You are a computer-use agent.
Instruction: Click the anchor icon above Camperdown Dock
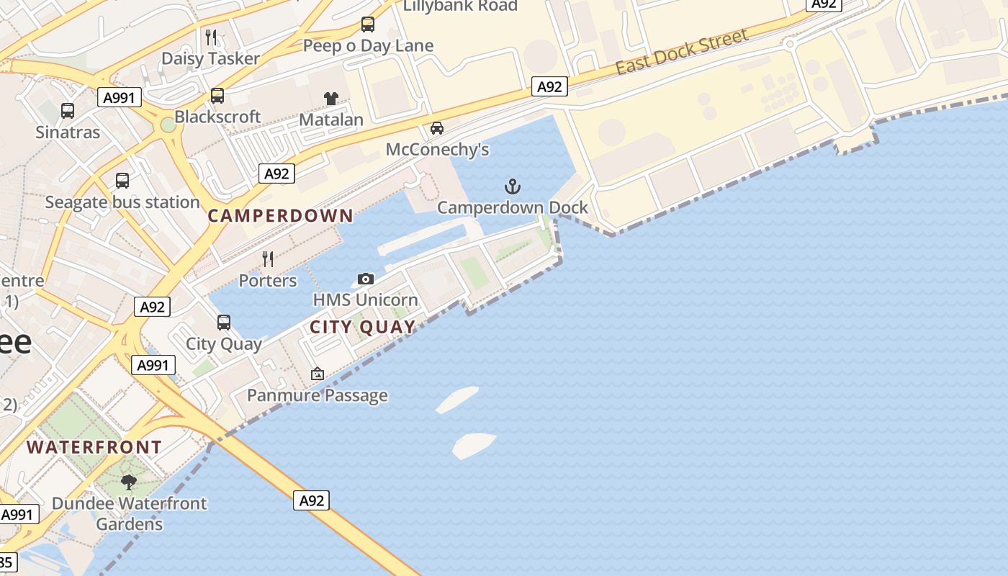pos(512,187)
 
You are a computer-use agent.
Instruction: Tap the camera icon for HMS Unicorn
pos(366,279)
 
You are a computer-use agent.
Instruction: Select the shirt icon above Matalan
pos(331,99)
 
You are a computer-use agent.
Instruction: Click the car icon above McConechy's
pos(436,128)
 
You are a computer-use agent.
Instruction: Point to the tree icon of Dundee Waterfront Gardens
pos(129,482)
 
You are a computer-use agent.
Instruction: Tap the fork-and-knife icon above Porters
pos(268,259)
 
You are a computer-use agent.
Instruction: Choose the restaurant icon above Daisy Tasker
pos(210,37)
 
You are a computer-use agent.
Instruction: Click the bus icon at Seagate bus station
pos(122,181)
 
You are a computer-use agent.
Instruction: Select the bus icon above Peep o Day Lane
pos(368,24)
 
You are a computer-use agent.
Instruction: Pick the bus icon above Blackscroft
pos(217,95)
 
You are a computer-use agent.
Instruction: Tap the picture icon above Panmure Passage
pos(317,374)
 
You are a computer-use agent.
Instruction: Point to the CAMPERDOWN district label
pos(281,215)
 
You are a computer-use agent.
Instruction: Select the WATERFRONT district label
pos(94,447)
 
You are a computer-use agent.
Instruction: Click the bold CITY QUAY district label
pos(363,328)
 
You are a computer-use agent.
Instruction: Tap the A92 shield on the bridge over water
pos(311,500)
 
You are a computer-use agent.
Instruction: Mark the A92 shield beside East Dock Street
pos(549,87)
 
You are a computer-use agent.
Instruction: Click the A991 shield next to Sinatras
pos(120,97)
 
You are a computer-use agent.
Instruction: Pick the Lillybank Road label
pos(460,6)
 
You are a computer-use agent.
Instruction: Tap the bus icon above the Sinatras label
pos(68,111)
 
